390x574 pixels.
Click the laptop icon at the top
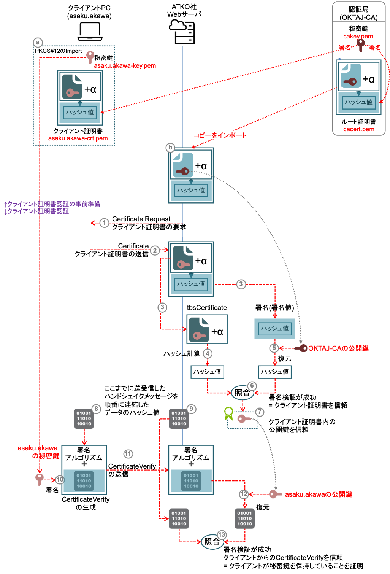click(x=90, y=32)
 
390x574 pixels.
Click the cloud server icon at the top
click(x=182, y=31)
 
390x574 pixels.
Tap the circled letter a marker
click(x=38, y=42)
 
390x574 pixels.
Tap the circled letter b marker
click(x=170, y=148)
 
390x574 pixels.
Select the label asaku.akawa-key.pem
click(x=125, y=66)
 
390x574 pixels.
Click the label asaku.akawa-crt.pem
click(x=78, y=138)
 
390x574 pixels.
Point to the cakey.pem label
click(x=358, y=37)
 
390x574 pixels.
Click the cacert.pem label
click(x=359, y=129)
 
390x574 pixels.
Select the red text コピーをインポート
click(x=220, y=135)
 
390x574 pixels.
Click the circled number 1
click(x=104, y=223)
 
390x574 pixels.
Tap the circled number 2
click(x=155, y=250)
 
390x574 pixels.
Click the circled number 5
click(x=274, y=348)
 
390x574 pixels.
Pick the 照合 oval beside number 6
click(x=242, y=393)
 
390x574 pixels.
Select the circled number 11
click(x=128, y=454)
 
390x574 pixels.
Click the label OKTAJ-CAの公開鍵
click(x=338, y=348)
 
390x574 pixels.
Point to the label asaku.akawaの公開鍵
click(x=319, y=494)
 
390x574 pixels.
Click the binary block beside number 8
click(x=84, y=418)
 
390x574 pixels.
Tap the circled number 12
click(x=244, y=494)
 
